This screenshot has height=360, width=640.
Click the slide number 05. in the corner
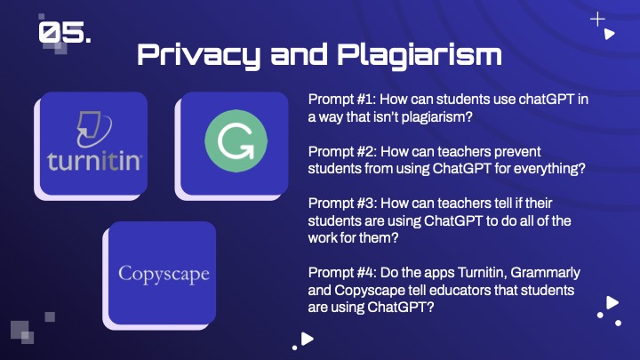65,32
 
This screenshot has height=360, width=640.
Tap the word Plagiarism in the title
420,56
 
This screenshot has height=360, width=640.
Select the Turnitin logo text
95,160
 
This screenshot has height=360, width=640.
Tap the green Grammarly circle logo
236,140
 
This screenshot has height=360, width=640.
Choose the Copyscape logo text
164,275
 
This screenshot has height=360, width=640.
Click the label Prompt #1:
341,100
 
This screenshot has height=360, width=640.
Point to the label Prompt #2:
342,151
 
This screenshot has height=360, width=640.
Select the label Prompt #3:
342,203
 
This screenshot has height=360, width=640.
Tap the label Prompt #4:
342,272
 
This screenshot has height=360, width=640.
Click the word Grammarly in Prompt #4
545,273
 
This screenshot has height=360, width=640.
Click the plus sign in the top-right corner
597,20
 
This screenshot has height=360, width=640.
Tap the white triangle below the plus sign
610,34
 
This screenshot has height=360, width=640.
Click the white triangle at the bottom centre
307,339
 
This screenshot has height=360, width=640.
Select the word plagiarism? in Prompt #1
436,117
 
